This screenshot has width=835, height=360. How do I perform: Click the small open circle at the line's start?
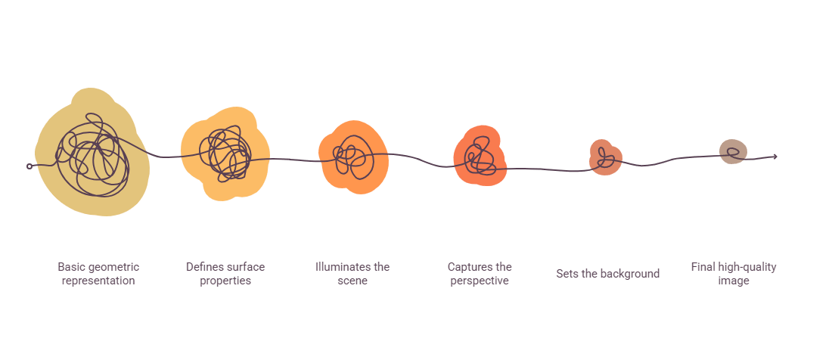(29, 166)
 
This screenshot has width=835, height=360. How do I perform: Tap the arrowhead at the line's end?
(774, 156)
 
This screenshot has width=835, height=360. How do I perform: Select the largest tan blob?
(92, 153)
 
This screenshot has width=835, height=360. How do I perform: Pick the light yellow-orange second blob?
(225, 154)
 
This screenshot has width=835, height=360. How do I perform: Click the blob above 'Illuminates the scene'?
(353, 157)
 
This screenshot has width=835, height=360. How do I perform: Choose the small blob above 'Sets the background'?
(606, 157)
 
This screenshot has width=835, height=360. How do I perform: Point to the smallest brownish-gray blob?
(734, 152)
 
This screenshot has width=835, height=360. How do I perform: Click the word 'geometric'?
(113, 267)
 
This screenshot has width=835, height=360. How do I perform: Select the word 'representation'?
(98, 281)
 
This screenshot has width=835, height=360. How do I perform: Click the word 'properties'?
(225, 281)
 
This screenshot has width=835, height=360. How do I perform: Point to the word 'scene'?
(352, 281)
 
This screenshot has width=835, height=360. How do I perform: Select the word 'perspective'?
(480, 281)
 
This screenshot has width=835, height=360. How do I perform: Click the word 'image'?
(734, 281)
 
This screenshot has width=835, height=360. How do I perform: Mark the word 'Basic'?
(70, 267)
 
